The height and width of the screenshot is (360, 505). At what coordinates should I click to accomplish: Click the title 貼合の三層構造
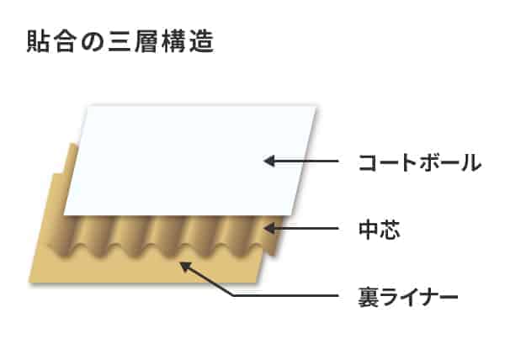(x=120, y=41)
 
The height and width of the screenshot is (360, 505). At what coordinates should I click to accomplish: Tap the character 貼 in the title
(x=38, y=41)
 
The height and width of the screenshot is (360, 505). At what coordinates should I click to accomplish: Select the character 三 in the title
(x=120, y=42)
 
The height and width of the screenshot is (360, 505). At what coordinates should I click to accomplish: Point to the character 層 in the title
(x=147, y=41)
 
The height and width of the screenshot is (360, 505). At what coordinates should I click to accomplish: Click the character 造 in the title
(x=202, y=41)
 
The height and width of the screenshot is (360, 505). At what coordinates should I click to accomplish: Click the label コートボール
(x=420, y=162)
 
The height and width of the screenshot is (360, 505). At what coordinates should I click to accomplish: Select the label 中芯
(x=380, y=230)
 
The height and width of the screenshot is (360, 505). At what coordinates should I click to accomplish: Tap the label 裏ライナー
(x=407, y=296)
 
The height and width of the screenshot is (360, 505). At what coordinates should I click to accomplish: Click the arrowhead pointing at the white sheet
(x=269, y=161)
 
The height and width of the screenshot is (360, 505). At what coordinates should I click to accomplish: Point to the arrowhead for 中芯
(x=269, y=229)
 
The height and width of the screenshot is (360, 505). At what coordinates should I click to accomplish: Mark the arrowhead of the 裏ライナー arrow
(x=184, y=267)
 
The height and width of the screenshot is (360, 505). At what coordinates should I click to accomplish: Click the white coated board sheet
(x=190, y=160)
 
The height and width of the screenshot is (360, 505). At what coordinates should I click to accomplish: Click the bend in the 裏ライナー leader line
(x=233, y=295)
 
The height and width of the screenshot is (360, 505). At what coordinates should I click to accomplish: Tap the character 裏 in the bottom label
(x=369, y=296)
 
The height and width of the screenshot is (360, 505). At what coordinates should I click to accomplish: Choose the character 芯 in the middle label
(x=390, y=230)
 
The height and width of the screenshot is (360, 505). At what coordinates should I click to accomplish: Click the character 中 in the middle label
(x=369, y=230)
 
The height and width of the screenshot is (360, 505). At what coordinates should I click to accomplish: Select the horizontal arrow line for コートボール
(x=300, y=161)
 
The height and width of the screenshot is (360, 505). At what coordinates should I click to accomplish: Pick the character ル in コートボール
(x=471, y=162)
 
